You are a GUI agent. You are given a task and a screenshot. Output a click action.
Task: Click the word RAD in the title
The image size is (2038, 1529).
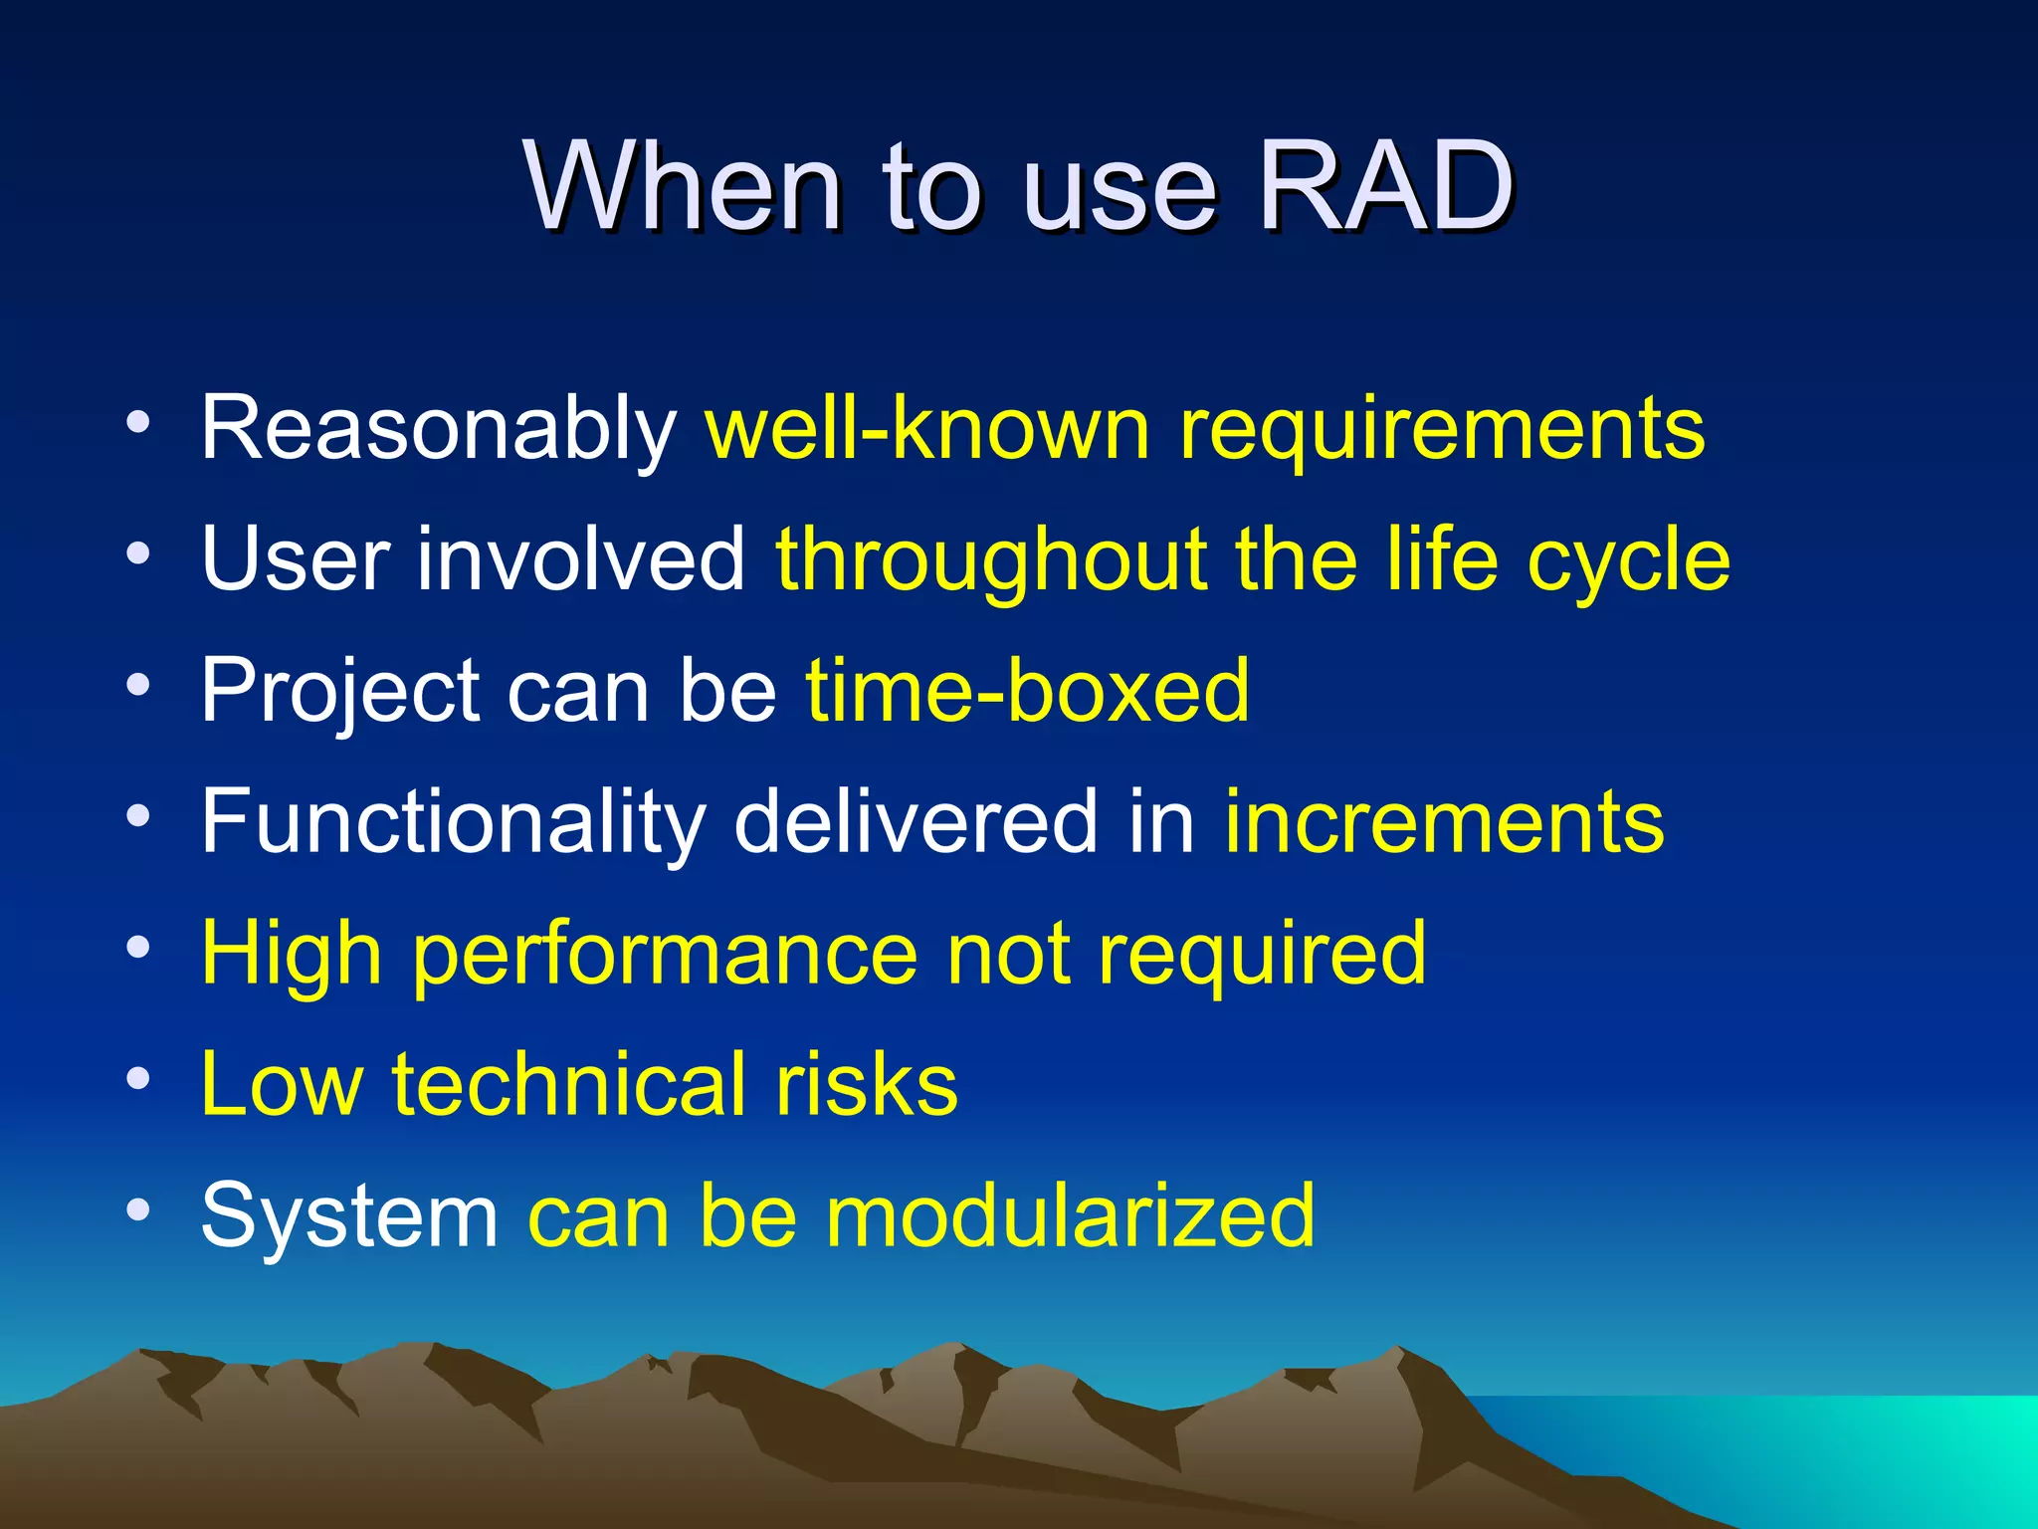[x=1385, y=186]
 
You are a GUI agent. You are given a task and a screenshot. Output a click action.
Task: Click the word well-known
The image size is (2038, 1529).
[x=926, y=428]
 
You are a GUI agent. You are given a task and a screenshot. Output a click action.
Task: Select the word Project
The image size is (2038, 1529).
[x=339, y=692]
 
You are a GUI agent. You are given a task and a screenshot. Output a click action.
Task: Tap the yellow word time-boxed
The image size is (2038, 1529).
[x=1027, y=690]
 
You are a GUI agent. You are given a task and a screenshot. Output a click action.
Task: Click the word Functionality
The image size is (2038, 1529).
[x=452, y=822]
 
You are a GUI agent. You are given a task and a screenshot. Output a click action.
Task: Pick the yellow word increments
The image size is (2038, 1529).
[x=1443, y=822]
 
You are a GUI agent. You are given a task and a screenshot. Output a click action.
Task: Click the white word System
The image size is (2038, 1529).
[x=348, y=1216]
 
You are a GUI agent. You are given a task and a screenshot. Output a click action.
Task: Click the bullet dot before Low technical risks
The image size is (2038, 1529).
[x=138, y=1078]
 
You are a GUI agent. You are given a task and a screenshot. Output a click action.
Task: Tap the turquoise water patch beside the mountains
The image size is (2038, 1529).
[x=1841, y=1453]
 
